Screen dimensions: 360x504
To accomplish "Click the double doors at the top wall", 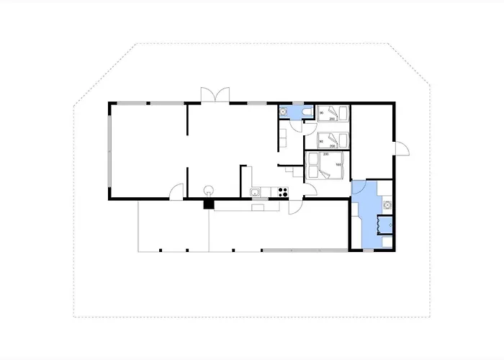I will (215, 96).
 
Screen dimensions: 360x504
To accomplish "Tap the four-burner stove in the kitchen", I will (283, 192).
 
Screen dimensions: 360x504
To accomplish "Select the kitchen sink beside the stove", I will (256, 192).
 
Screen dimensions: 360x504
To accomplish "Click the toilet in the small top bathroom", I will (307, 112).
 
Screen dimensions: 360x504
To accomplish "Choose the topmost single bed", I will (332, 114).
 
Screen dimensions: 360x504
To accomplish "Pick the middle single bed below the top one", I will (332, 138).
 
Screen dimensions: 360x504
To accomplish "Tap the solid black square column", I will (209, 204).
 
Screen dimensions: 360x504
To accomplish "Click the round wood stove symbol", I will (209, 190).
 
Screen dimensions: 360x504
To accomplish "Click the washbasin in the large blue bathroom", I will (387, 204).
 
